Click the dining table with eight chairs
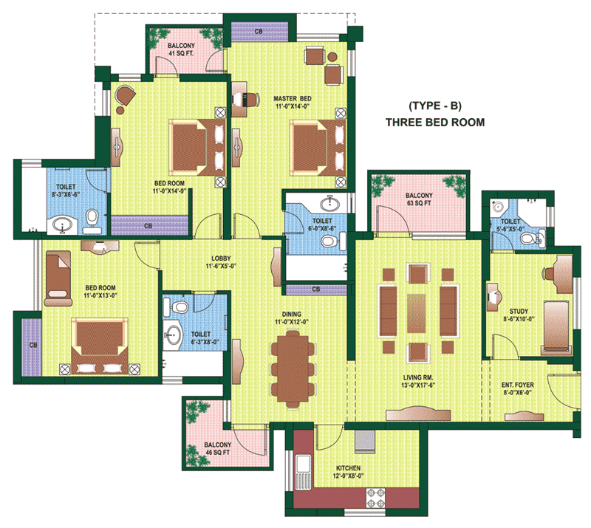[x=293, y=369]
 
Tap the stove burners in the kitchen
[x=376, y=498]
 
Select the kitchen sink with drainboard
[x=303, y=472]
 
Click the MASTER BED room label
[x=293, y=102]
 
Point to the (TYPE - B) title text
[x=435, y=106]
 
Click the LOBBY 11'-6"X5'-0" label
[x=221, y=262]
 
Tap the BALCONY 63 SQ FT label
[x=419, y=199]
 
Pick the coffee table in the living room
[x=417, y=313]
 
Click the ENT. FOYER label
[x=518, y=388]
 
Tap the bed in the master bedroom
[x=318, y=148]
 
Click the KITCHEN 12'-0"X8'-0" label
[x=348, y=471]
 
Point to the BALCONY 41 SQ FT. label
[x=181, y=49]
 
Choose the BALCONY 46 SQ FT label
[x=217, y=448]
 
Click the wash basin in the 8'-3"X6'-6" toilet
[x=62, y=225]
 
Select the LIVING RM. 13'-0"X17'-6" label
[x=418, y=381]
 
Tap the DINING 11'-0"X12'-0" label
[x=291, y=318]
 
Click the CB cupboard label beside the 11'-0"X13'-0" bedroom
[x=33, y=345]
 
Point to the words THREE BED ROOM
[x=435, y=123]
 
